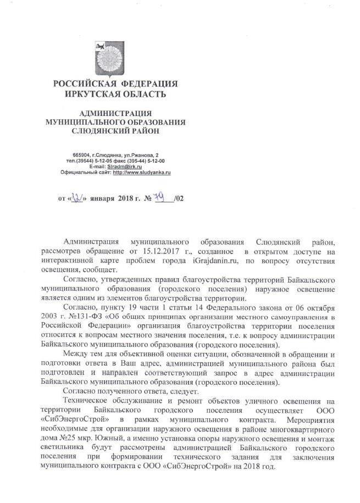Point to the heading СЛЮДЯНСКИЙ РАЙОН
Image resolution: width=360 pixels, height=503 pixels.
(x=115, y=131)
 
